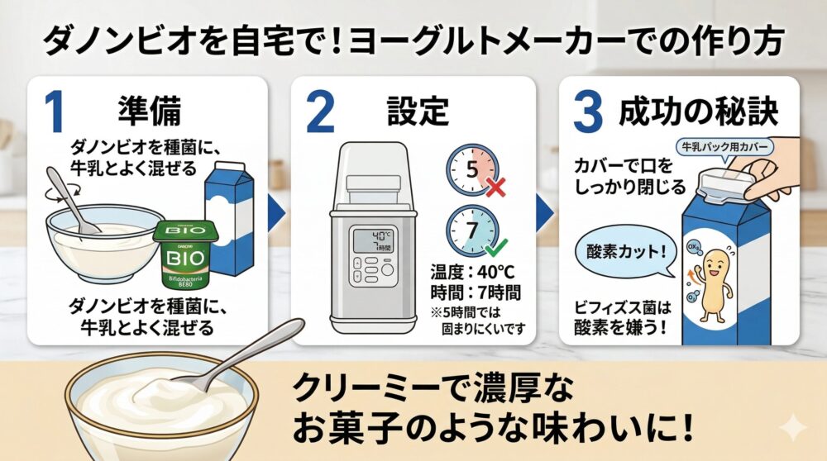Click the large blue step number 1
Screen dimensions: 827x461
(x=55, y=112)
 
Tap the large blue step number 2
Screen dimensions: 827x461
(x=320, y=112)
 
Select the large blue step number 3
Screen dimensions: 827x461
(x=587, y=112)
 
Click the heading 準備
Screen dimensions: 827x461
(x=149, y=112)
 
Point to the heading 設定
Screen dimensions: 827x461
(x=418, y=112)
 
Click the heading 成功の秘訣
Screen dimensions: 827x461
(x=698, y=112)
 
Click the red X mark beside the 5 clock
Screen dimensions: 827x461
(x=495, y=187)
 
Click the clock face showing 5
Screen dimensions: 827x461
(x=472, y=169)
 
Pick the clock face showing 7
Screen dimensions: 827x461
(x=472, y=230)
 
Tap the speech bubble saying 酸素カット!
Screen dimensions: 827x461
(x=625, y=252)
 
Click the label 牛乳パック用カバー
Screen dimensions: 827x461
(x=725, y=146)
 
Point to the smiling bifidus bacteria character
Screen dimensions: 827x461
(x=712, y=285)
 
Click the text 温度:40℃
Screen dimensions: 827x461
(x=472, y=273)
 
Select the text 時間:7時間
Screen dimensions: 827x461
(x=476, y=292)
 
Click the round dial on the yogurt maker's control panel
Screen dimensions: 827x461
(x=388, y=270)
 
